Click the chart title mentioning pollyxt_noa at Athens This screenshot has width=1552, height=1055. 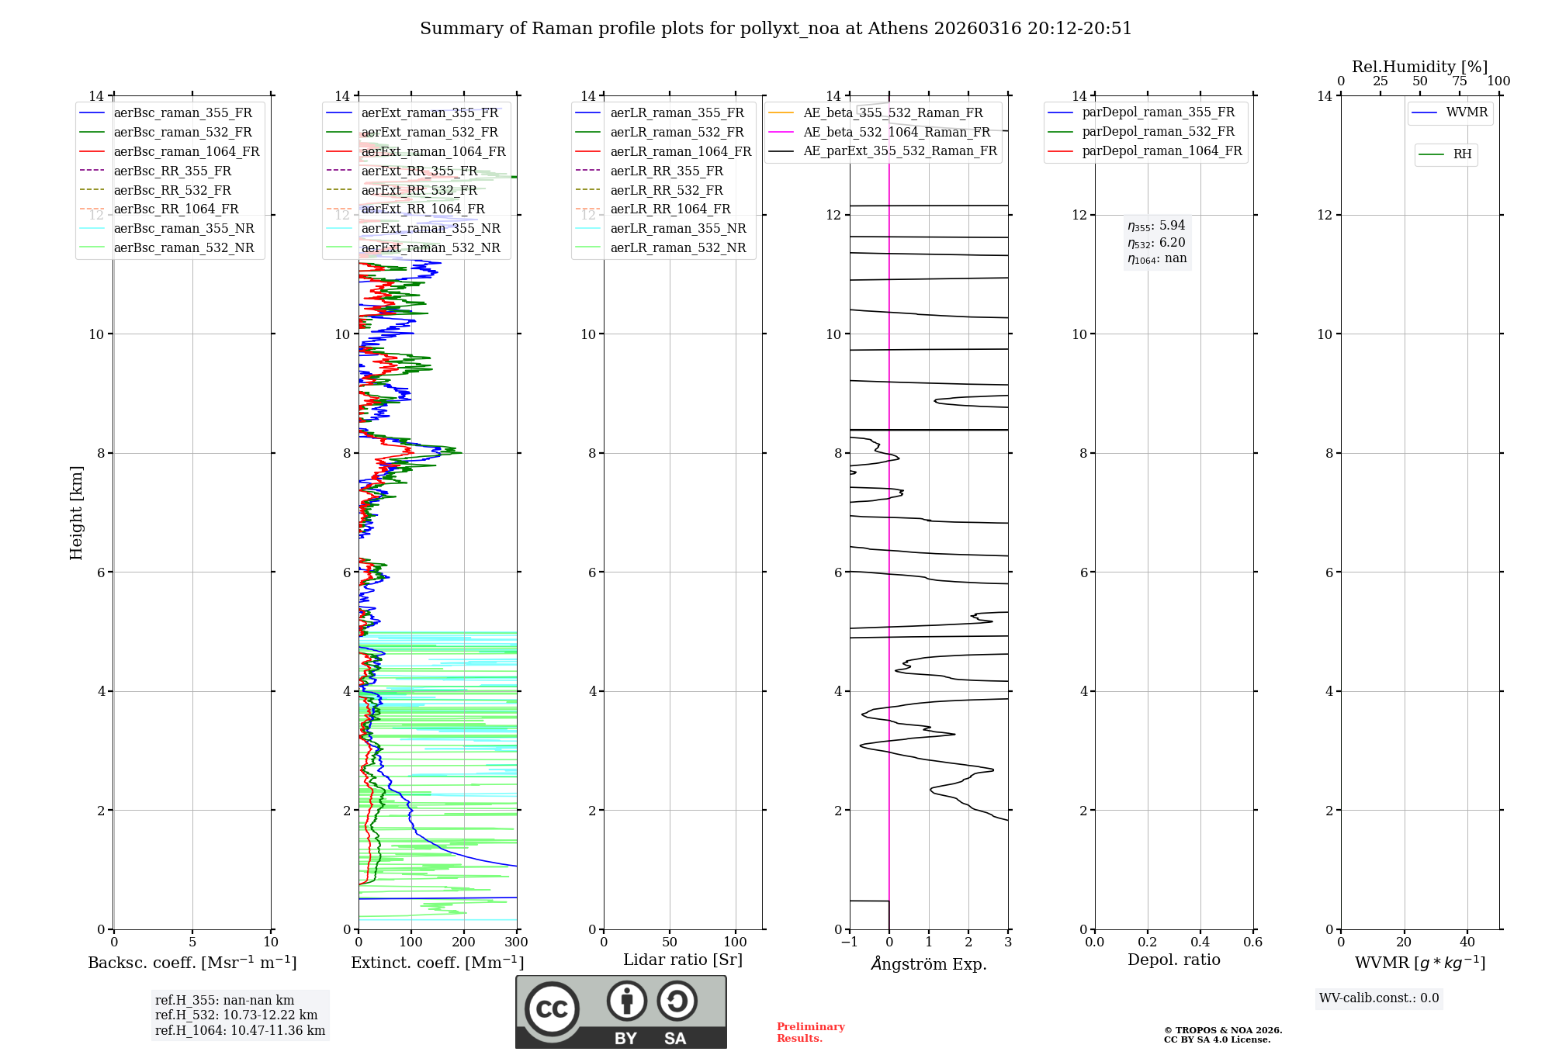(776, 29)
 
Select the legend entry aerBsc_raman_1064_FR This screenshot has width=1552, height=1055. (186, 151)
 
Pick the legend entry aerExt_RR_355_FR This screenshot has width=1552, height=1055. (419, 171)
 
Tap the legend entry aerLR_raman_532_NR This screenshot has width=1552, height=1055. (677, 247)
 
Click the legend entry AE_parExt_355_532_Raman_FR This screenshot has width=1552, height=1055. (900, 150)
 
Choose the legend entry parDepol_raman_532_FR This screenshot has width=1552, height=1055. (1158, 131)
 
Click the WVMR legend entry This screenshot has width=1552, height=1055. (1467, 112)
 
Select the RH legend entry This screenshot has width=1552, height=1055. (1462, 154)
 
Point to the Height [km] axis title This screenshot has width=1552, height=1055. (76, 512)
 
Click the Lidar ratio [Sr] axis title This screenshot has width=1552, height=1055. (683, 960)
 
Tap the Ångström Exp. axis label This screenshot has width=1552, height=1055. (929, 963)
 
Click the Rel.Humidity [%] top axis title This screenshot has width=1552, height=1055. (1419, 67)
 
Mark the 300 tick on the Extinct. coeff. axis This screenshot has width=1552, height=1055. (516, 943)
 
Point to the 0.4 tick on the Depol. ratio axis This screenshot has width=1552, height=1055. (1200, 943)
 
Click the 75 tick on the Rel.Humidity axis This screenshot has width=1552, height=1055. (1459, 81)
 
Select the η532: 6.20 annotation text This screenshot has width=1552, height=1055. (1156, 243)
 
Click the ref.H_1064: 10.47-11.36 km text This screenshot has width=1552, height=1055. (240, 1030)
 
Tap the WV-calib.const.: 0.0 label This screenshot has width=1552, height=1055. (1379, 998)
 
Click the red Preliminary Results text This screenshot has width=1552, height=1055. (810, 1033)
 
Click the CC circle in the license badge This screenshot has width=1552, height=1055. (552, 1008)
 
